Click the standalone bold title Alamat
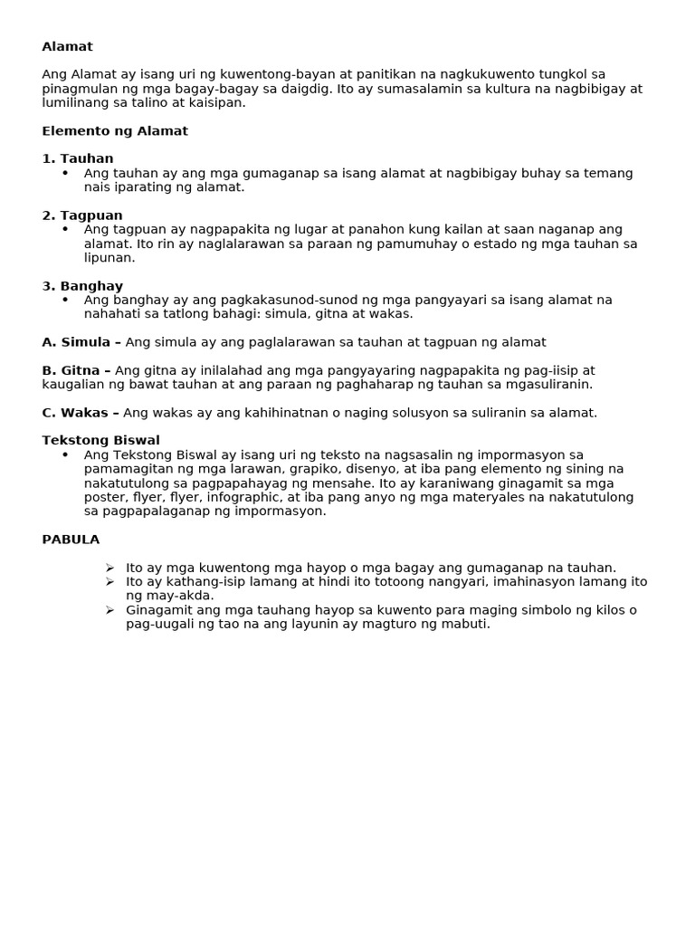tap(67, 46)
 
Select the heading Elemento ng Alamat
tap(115, 131)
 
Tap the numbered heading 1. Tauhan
tap(78, 159)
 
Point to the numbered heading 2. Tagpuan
tap(82, 215)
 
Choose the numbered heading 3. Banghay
tap(82, 286)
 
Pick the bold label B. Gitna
tap(76, 370)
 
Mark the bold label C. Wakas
tap(81, 413)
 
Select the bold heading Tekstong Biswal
tap(100, 441)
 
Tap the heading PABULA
tap(71, 540)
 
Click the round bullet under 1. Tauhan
tap(65, 173)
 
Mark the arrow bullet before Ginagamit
tap(109, 610)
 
